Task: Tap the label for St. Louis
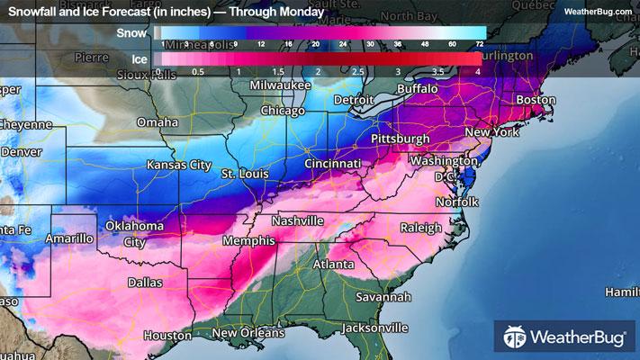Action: point(241,171)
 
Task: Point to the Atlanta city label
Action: point(333,265)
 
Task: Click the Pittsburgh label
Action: point(401,139)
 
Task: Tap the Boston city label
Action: point(536,99)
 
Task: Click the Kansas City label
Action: point(179,166)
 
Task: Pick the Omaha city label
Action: point(158,122)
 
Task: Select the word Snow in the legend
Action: point(131,31)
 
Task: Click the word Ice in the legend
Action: point(137,58)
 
